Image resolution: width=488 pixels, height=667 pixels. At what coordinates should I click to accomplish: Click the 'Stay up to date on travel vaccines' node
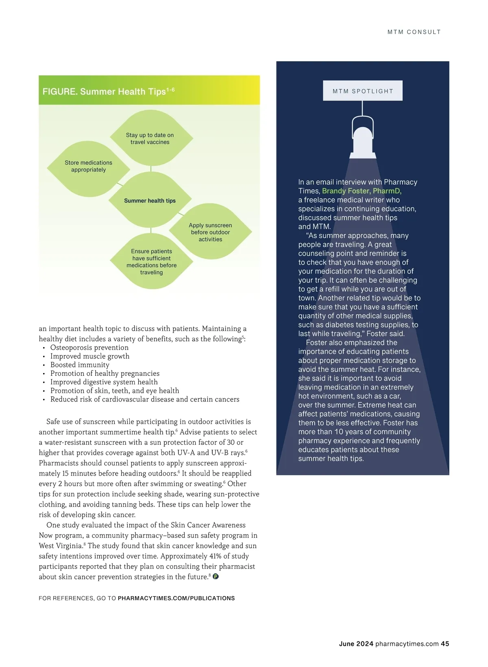point(150,138)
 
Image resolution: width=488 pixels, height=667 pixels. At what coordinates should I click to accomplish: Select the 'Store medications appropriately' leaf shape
point(88,166)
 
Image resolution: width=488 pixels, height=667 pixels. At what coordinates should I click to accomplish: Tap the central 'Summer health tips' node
point(150,200)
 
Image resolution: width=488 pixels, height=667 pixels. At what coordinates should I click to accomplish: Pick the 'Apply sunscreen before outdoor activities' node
point(210,232)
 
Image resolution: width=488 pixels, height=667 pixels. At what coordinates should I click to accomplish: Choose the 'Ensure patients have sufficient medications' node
point(151,262)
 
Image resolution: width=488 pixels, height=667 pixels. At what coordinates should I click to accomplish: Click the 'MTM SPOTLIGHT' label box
point(363,91)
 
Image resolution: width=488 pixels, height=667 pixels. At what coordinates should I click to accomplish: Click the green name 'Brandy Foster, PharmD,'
point(362,191)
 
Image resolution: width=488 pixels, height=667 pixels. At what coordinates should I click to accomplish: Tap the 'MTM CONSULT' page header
point(414,32)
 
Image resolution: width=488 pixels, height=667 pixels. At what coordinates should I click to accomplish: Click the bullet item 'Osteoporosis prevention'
point(89,347)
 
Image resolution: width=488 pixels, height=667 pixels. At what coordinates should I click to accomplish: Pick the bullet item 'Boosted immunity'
point(80,365)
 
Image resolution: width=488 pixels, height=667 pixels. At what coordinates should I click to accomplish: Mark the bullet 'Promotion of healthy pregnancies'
point(105,373)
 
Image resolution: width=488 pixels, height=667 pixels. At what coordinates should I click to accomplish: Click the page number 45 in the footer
point(445,644)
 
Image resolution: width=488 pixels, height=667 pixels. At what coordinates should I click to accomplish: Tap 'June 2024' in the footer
point(356,644)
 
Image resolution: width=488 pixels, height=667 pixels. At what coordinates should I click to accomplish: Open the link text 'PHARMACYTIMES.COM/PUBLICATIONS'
point(176,598)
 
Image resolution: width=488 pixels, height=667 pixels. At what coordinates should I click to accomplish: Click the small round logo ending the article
point(216,576)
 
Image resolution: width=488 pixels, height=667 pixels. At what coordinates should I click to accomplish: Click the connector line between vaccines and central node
point(151,169)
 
